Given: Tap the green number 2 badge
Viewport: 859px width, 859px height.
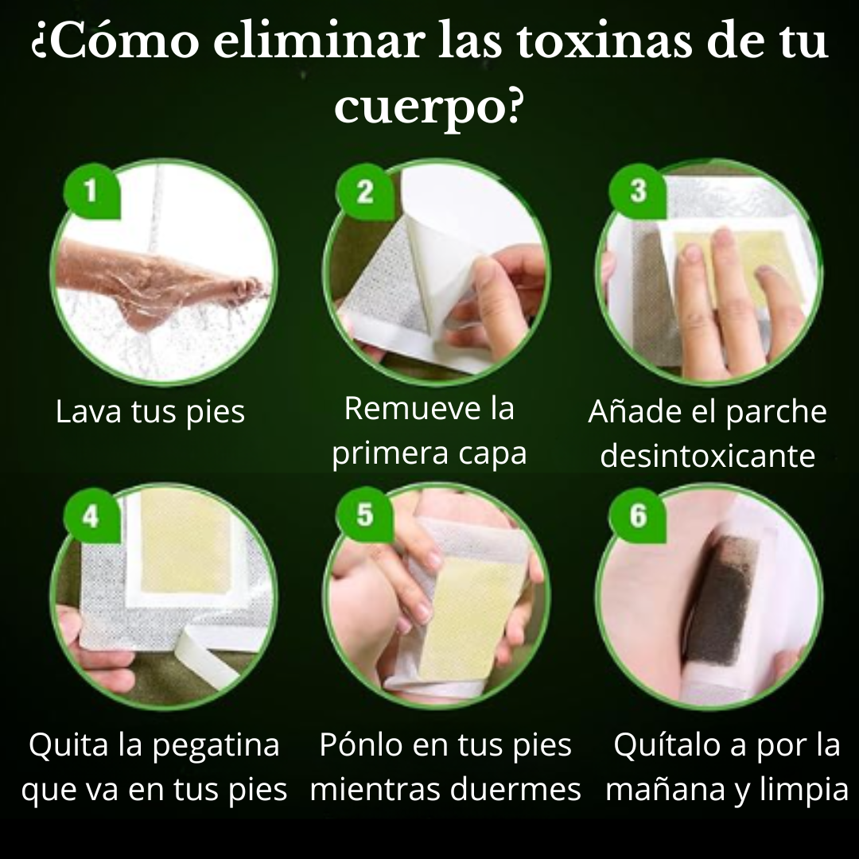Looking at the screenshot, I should [x=364, y=192].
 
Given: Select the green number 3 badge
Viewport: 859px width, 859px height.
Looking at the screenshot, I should [x=637, y=192].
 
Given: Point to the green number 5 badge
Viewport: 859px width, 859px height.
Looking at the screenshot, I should [x=364, y=515].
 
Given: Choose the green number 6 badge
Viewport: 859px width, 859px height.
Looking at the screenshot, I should [x=637, y=515].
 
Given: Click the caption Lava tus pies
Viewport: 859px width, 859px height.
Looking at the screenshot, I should [x=150, y=413].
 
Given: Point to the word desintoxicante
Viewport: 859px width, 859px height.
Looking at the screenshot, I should [x=708, y=457].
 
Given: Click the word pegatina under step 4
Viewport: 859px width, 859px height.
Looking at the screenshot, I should [x=216, y=745].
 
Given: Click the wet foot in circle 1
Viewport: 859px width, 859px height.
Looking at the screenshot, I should [x=159, y=294].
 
